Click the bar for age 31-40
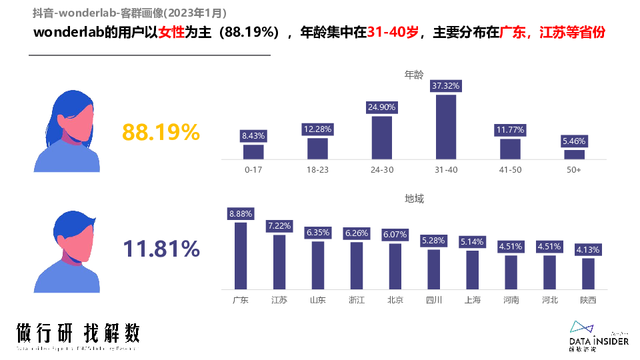446,127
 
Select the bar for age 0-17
253,152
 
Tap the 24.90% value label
381,107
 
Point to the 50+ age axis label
574,170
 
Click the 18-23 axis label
317,170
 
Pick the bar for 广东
241,255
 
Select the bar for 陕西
588,273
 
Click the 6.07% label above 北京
395,234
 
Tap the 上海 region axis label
473,300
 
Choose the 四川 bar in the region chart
434,269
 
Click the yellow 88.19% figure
161,133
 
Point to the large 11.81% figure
161,249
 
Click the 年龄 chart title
414,75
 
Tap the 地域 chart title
414,199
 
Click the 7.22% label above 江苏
279,226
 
